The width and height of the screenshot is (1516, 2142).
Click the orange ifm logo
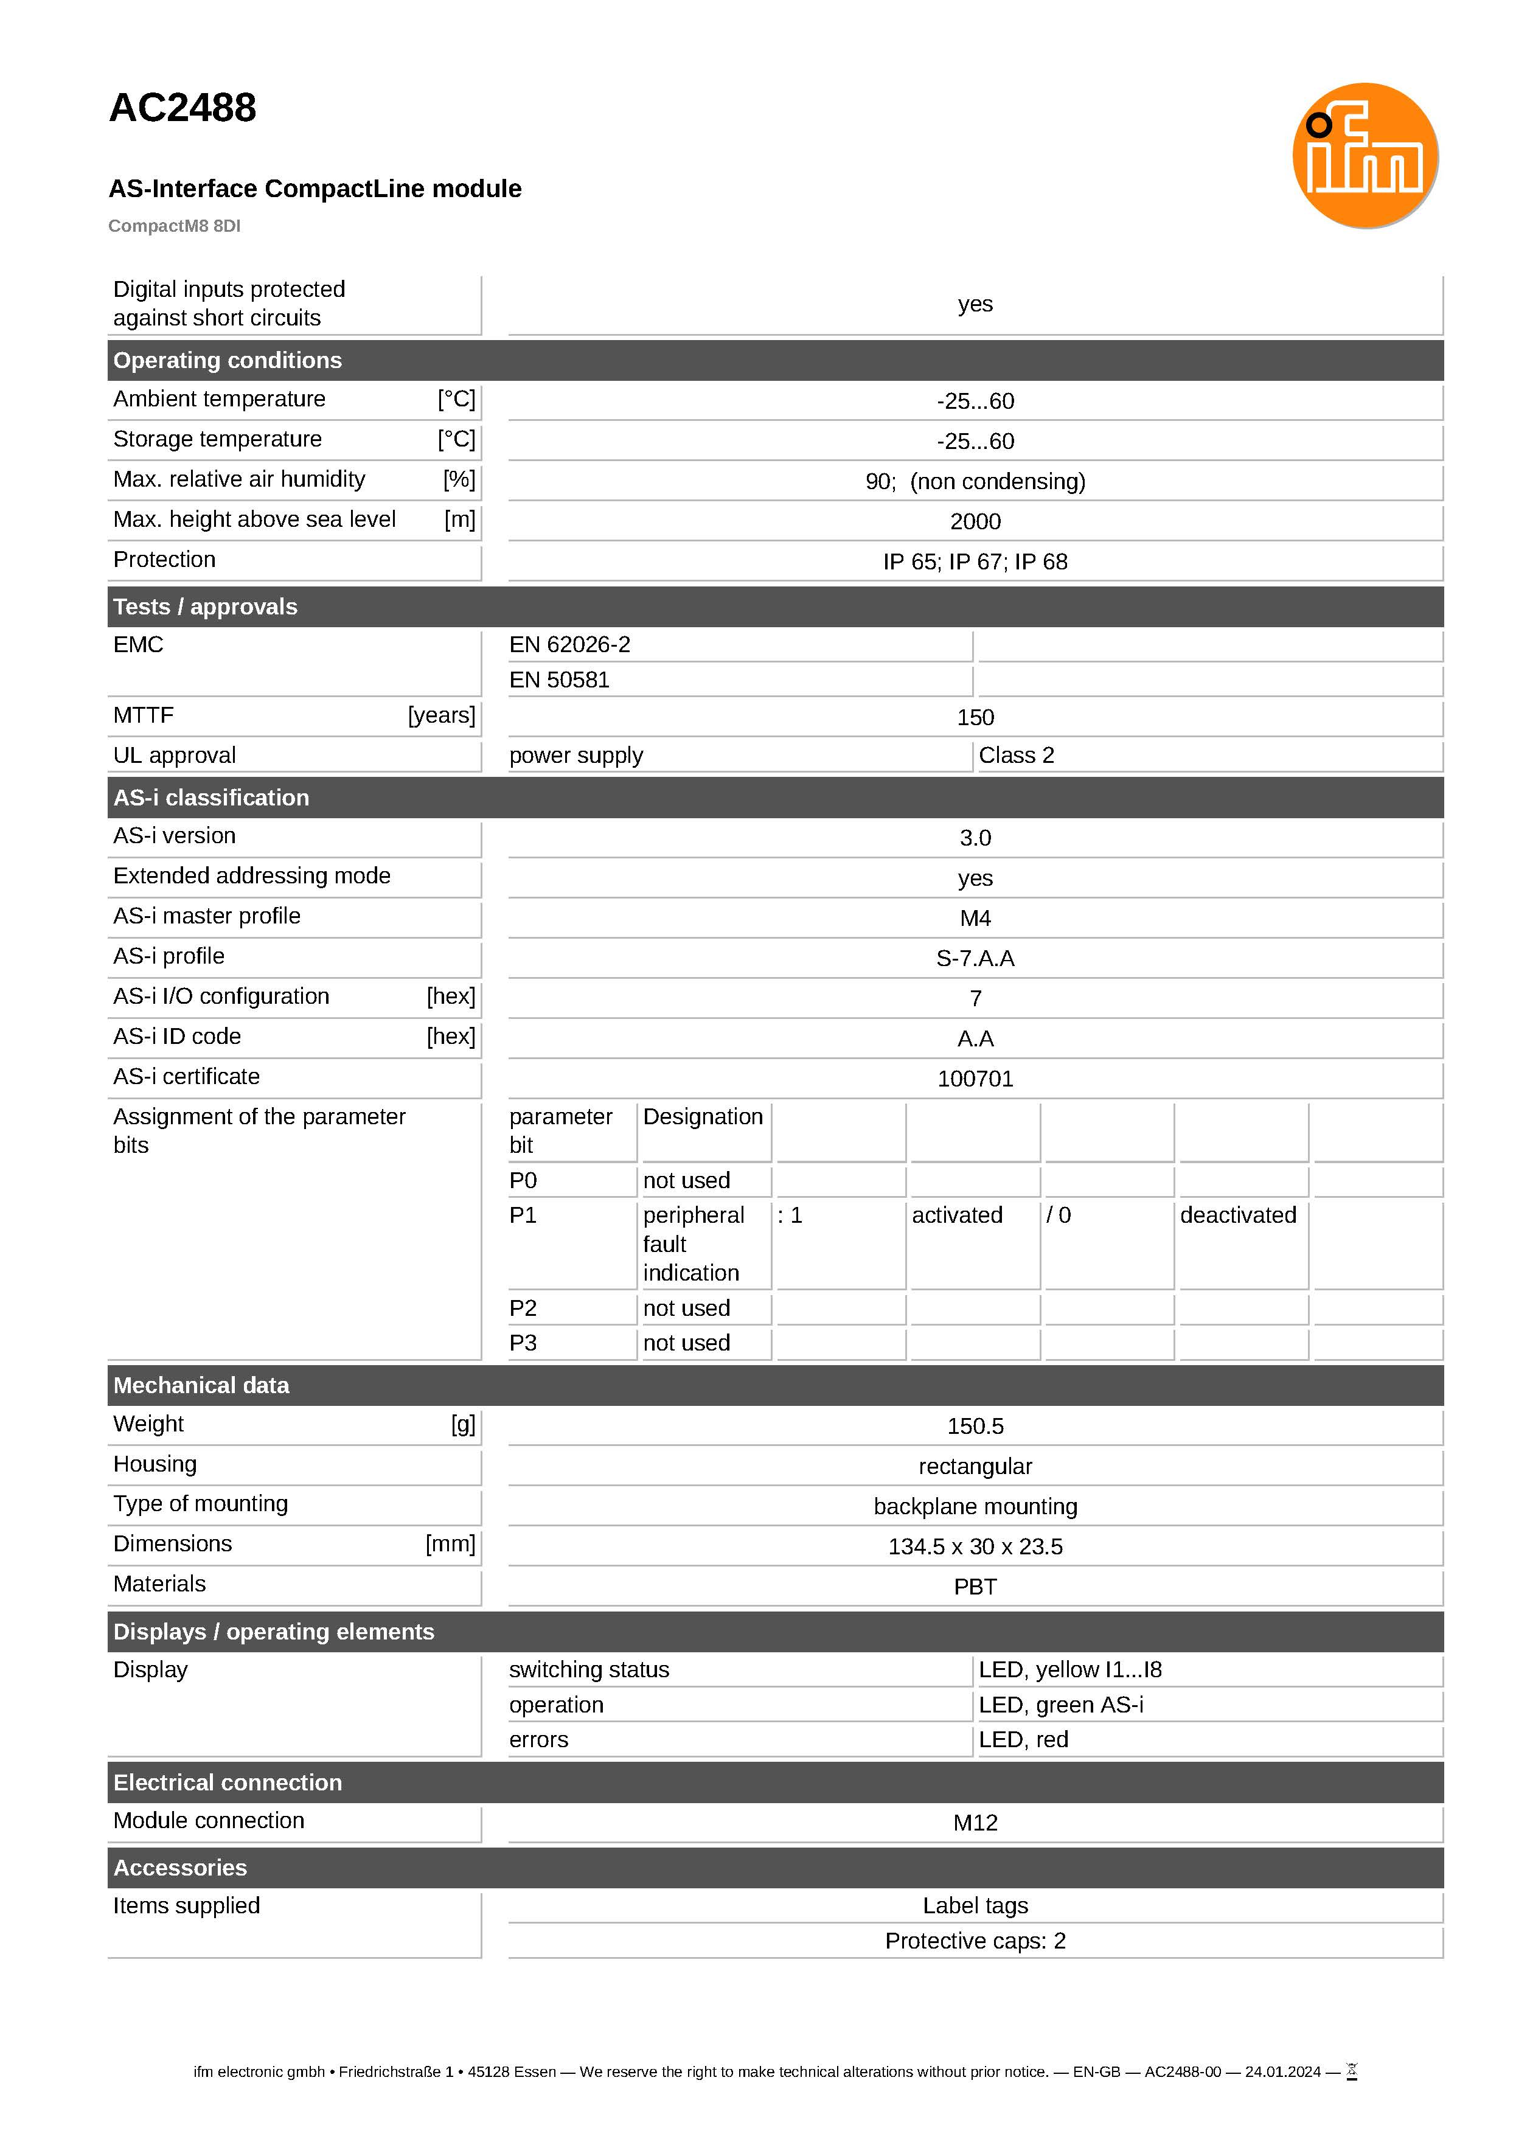(x=1364, y=155)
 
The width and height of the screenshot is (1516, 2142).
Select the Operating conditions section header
(x=228, y=360)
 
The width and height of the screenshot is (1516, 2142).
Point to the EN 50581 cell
(x=559, y=680)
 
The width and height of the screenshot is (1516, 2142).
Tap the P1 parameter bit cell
(x=523, y=1215)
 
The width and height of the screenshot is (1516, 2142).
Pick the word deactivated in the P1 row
(x=1238, y=1215)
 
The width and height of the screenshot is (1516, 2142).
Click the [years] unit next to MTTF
(x=442, y=716)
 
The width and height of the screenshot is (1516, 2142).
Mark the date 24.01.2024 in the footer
(x=1282, y=2072)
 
